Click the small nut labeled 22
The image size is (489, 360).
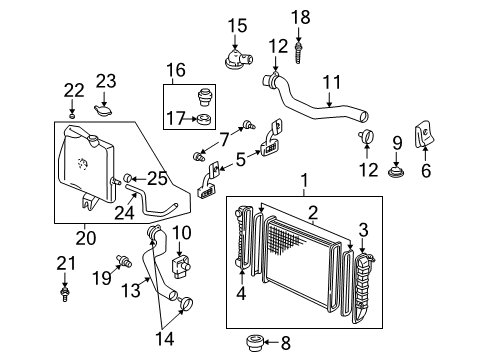[x=72, y=116]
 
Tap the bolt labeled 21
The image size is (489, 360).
[x=67, y=295]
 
